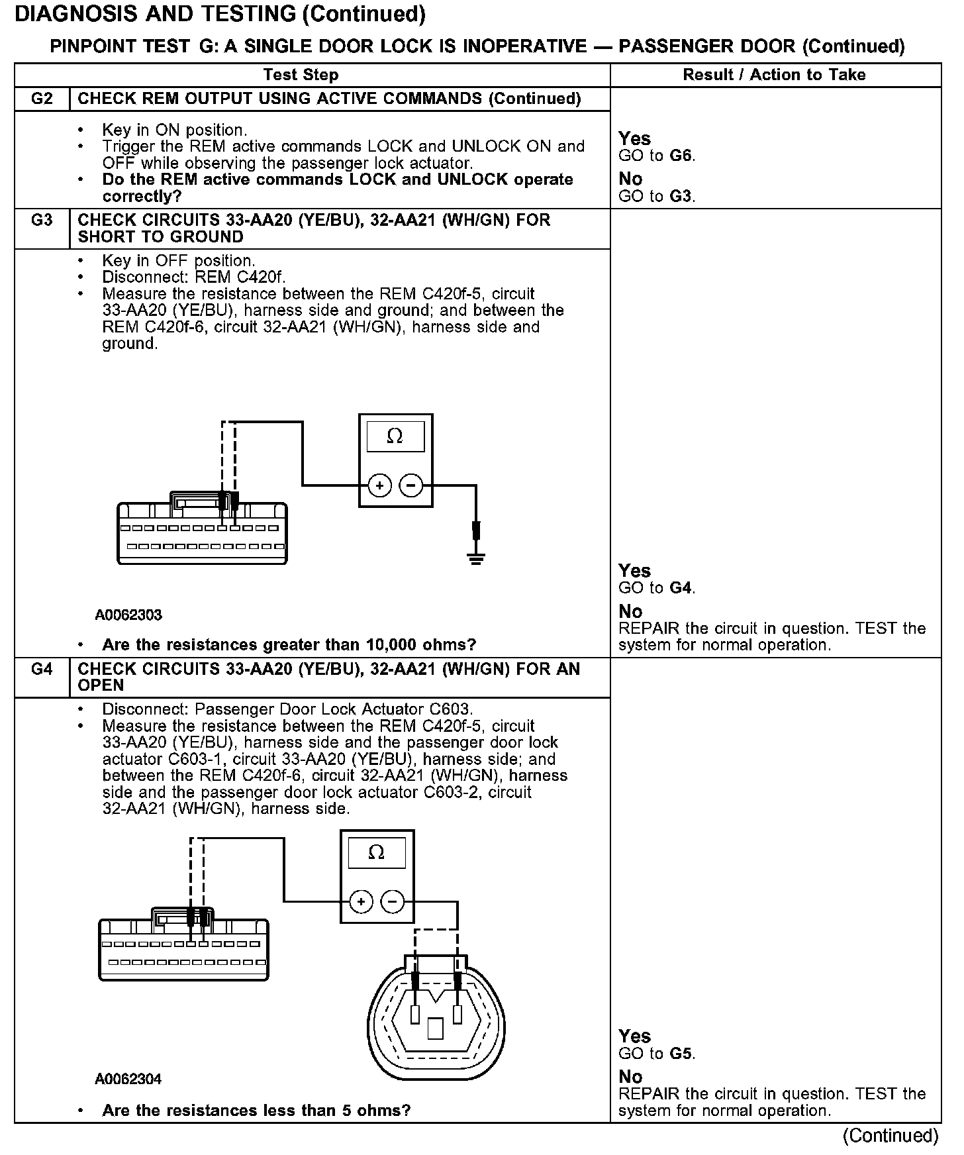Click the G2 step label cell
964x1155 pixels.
pyautogui.click(x=42, y=99)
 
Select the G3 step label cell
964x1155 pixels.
pyautogui.click(x=42, y=220)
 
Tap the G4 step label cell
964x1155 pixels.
pyautogui.click(x=42, y=669)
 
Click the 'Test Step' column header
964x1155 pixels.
pyautogui.click(x=301, y=75)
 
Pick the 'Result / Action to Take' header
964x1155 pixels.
pyautogui.click(x=774, y=75)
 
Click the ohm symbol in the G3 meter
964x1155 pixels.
pyautogui.click(x=395, y=436)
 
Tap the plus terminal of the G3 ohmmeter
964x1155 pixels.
pyautogui.click(x=379, y=486)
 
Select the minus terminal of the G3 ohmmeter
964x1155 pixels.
pyautogui.click(x=411, y=486)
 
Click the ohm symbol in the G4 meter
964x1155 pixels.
pyautogui.click(x=376, y=852)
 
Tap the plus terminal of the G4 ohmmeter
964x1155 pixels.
pyautogui.click(x=361, y=901)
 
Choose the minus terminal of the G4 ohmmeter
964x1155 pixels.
pyautogui.click(x=393, y=901)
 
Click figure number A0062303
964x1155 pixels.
pyautogui.click(x=128, y=615)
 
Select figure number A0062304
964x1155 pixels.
pyautogui.click(x=128, y=1080)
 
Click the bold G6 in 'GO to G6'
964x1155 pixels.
pyautogui.click(x=681, y=156)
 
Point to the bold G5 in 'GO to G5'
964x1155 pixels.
pyautogui.click(x=681, y=1054)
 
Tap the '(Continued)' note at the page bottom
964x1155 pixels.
pyautogui.click(x=890, y=1136)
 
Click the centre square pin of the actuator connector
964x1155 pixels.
pyautogui.click(x=435, y=1028)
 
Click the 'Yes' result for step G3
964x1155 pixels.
pyautogui.click(x=634, y=571)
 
